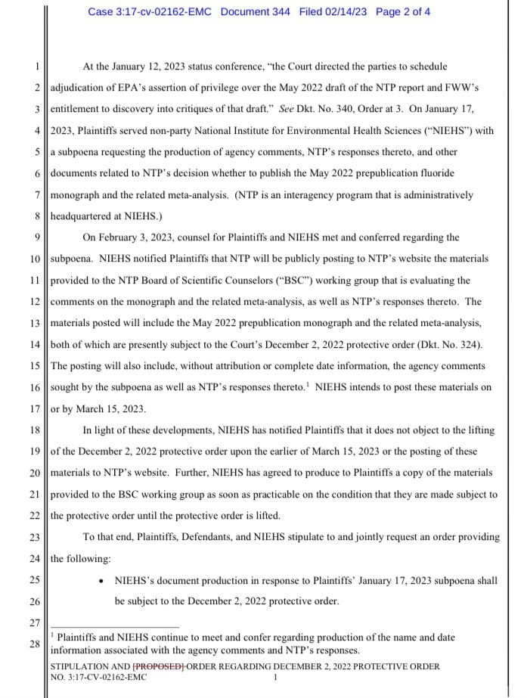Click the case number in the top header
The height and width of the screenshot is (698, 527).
[150, 11]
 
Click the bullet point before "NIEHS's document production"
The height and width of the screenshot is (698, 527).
[101, 581]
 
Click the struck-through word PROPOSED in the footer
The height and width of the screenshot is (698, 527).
[158, 666]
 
